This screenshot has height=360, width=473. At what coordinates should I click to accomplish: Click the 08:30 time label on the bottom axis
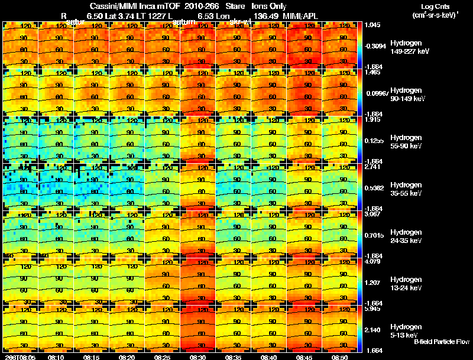click(198, 357)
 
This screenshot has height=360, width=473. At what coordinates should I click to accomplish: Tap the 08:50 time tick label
click(340, 357)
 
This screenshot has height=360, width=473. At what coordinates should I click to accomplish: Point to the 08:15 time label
click(92, 357)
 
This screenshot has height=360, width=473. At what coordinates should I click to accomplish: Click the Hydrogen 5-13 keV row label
click(405, 330)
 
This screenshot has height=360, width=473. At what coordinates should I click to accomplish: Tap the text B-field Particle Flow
click(441, 342)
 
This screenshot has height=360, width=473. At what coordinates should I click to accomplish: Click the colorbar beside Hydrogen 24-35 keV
click(361, 235)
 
